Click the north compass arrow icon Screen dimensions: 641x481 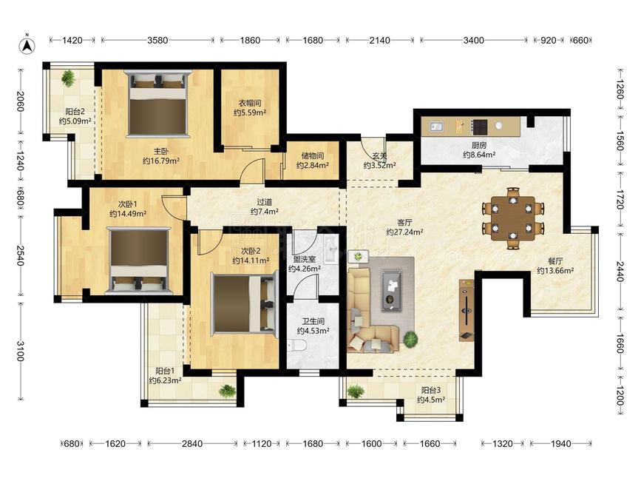[x=27, y=44]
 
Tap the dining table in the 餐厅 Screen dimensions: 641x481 [x=512, y=218]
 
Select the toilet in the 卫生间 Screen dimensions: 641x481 [x=296, y=346]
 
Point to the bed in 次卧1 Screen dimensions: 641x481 [x=139, y=260]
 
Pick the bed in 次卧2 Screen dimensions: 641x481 [x=245, y=304]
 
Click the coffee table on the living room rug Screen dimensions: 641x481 [x=392, y=290]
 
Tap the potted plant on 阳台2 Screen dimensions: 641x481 [x=68, y=78]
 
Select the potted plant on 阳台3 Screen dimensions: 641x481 [x=356, y=391]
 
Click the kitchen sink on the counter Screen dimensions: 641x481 [x=435, y=127]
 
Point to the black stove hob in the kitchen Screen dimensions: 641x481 [x=479, y=127]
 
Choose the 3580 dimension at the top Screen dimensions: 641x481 [x=157, y=40]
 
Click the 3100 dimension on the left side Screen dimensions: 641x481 [x=20, y=351]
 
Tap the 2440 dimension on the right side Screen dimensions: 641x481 [x=620, y=272]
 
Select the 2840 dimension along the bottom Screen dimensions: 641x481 [x=192, y=443]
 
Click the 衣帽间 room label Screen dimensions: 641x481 [x=250, y=103]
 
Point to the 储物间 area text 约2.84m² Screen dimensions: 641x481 [x=313, y=165]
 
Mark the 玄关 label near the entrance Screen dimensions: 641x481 [x=379, y=156]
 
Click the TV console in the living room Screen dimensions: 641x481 [x=466, y=310]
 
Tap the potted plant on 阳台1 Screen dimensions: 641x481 [x=227, y=391]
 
